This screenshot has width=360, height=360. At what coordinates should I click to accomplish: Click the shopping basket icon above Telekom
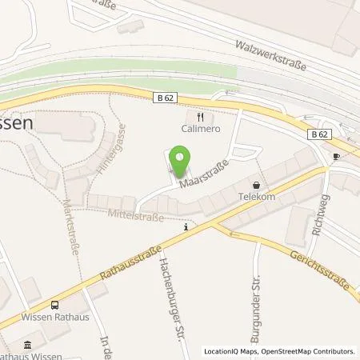tap(257, 182)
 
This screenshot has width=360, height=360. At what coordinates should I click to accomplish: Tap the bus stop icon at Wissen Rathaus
tap(54, 305)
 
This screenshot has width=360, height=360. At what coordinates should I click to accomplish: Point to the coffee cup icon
tap(336, 156)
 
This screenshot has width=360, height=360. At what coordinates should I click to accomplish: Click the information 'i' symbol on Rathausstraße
tap(186, 227)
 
